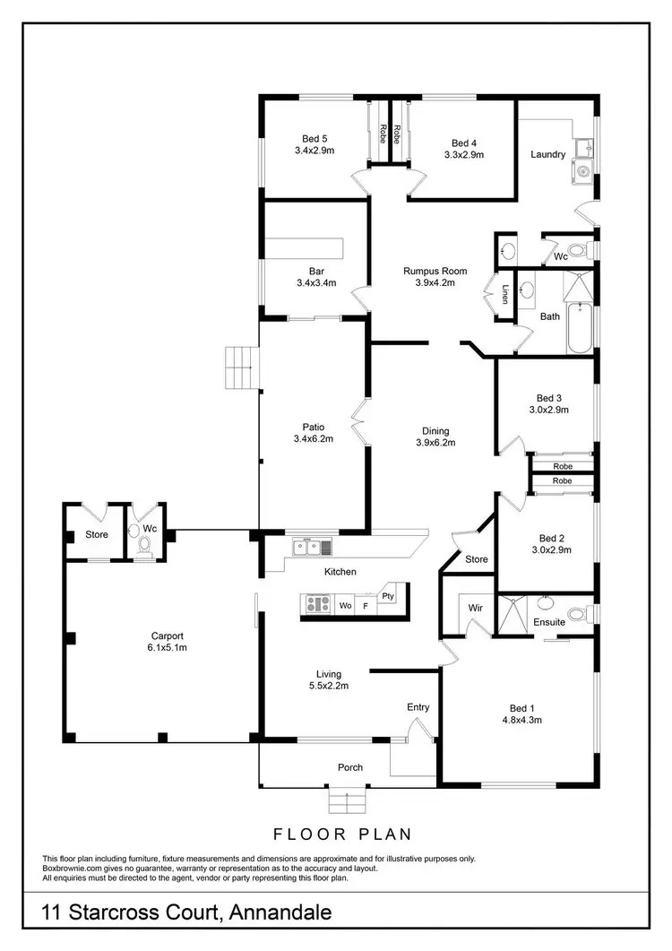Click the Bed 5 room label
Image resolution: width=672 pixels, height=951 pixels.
(x=314, y=138)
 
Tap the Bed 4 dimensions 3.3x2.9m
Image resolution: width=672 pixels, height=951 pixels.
(x=463, y=154)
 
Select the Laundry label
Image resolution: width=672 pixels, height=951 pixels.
(x=547, y=154)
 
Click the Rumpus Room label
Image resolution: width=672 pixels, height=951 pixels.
(x=435, y=271)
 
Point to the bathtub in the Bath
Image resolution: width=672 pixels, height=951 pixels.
(x=579, y=328)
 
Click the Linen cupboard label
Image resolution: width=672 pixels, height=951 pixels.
(x=505, y=294)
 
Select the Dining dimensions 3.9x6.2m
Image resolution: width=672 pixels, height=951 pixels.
(x=435, y=442)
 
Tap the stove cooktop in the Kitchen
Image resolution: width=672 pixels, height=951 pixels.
(x=317, y=604)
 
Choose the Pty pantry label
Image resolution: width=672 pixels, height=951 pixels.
(x=388, y=595)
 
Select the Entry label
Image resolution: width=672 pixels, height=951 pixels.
(x=418, y=707)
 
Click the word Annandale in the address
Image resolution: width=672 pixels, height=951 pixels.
(x=280, y=913)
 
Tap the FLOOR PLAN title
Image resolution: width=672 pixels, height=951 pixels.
(x=344, y=834)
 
